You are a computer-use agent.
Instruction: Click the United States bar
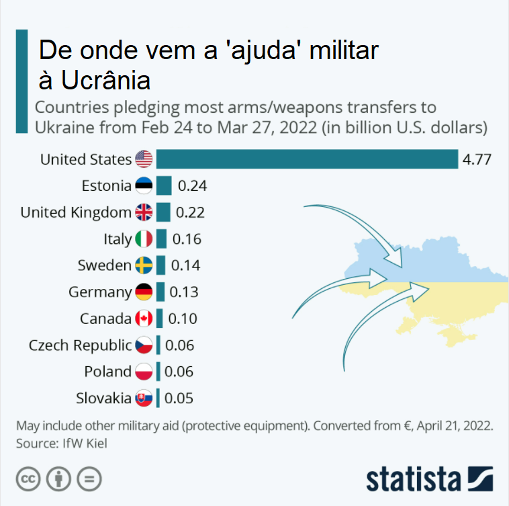point(307,159)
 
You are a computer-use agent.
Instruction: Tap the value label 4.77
point(477,159)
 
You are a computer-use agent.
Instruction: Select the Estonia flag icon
point(144,186)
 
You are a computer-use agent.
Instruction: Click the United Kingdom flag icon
point(144,212)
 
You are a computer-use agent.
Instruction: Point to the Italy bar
point(161,239)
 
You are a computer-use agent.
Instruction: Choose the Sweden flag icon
point(144,265)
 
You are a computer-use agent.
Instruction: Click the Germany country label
point(100,292)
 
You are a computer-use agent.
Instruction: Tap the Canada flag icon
point(144,319)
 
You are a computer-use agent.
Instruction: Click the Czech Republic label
point(80,345)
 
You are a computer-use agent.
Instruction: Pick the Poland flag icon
point(144,372)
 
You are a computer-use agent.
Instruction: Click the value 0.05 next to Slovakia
point(179,398)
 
